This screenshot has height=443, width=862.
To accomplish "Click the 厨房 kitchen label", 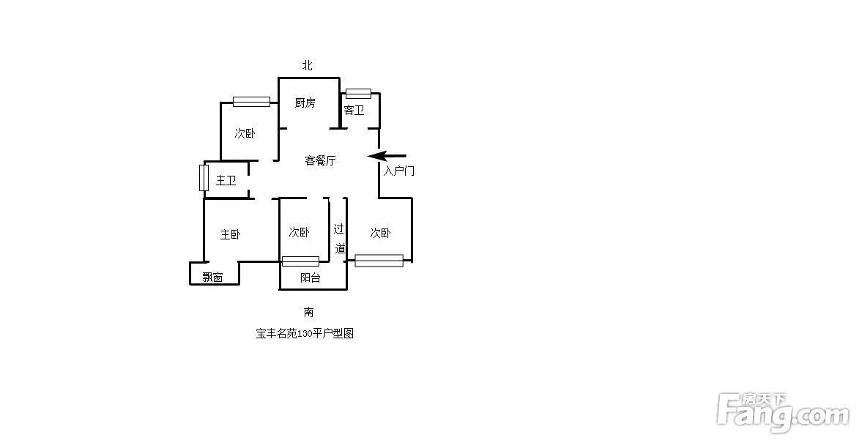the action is pyautogui.click(x=305, y=103).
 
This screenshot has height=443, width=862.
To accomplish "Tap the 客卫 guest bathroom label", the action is pyautogui.click(x=354, y=111).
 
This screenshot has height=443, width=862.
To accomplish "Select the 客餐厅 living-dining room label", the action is pyautogui.click(x=321, y=160).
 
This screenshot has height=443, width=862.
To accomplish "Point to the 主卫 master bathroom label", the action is pyautogui.click(x=226, y=180).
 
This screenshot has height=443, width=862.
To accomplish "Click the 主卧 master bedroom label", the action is pyautogui.click(x=231, y=235).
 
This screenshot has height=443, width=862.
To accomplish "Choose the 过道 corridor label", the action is pyautogui.click(x=340, y=239).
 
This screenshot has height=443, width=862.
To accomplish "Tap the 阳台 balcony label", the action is pyautogui.click(x=311, y=278).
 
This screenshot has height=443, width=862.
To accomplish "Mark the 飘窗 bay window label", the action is pyautogui.click(x=212, y=277).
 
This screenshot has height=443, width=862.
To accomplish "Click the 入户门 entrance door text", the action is pyautogui.click(x=399, y=171).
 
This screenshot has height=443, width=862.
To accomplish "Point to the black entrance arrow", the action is pyautogui.click(x=387, y=156).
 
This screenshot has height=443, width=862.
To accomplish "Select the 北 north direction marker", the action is pyautogui.click(x=308, y=65).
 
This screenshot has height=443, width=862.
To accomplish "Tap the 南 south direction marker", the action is pyautogui.click(x=309, y=312).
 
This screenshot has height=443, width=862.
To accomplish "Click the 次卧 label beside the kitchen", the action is pyautogui.click(x=245, y=133).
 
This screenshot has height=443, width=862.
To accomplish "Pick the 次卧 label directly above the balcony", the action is pyautogui.click(x=300, y=233).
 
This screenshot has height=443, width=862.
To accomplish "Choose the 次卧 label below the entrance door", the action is pyautogui.click(x=380, y=233).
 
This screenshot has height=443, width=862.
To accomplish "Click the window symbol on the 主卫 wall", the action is pyautogui.click(x=204, y=177).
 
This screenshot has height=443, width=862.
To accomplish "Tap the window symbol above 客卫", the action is pyautogui.click(x=358, y=94).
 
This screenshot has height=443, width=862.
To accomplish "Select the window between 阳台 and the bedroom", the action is pyautogui.click(x=300, y=261).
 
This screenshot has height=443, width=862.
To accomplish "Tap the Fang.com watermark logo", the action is pyautogui.click(x=783, y=412).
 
